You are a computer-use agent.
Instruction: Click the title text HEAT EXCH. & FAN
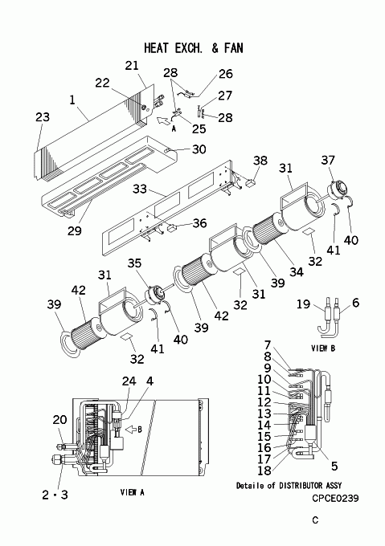[x=194, y=47]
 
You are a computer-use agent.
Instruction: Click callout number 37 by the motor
[x=328, y=160]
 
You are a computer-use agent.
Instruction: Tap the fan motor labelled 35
[x=154, y=293]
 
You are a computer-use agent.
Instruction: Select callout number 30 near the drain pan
[x=199, y=149]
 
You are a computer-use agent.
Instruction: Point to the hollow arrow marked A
[x=162, y=120]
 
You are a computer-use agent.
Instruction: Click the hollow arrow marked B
[x=131, y=430]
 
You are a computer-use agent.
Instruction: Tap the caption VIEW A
[x=132, y=492]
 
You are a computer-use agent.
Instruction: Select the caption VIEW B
[x=323, y=348]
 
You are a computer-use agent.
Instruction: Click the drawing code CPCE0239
[x=335, y=499]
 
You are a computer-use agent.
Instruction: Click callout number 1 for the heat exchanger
[x=72, y=100]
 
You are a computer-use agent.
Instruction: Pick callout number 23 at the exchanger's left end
[x=43, y=117]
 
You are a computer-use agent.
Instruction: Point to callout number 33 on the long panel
[x=140, y=189]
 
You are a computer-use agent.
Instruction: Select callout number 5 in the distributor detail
[x=334, y=466]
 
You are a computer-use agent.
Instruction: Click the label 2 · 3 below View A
[x=55, y=495]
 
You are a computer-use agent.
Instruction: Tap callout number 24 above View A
[x=129, y=381]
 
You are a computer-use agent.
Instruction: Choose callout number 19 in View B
[x=303, y=304]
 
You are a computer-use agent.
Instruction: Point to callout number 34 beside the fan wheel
[x=296, y=271]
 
